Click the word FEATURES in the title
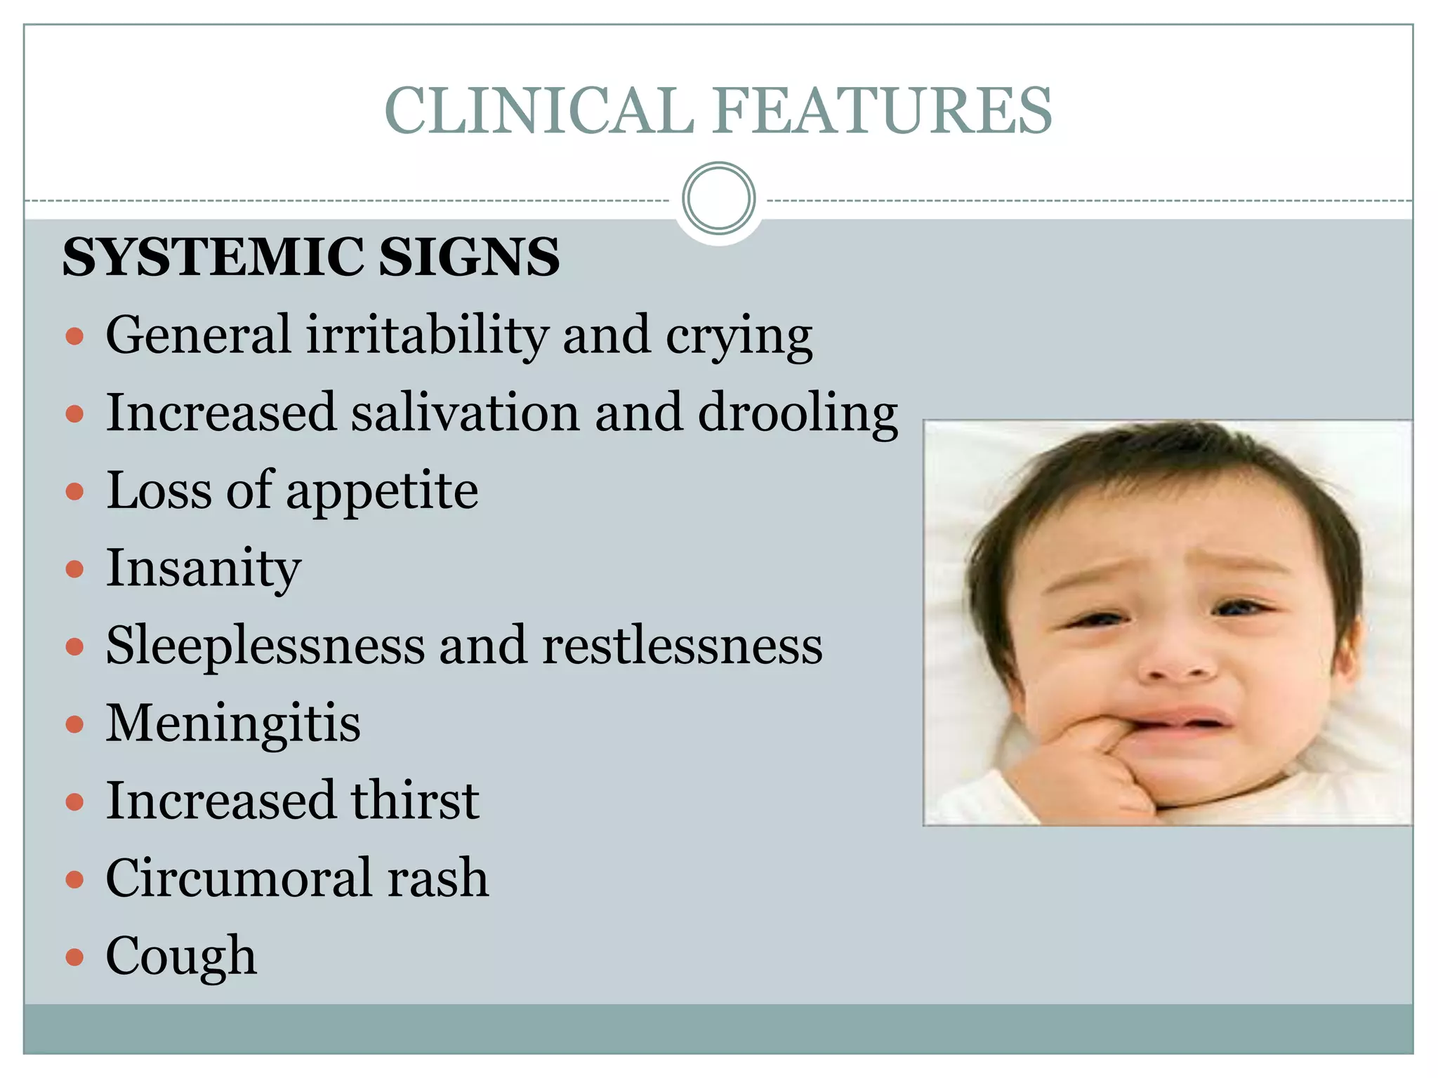[x=883, y=111]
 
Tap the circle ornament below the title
[x=718, y=199]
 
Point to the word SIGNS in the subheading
[x=469, y=257]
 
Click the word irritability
[x=428, y=335]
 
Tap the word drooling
[x=798, y=413]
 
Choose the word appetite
[x=383, y=491]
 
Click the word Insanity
[x=204, y=568]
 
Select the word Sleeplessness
[x=265, y=646]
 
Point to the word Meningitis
[x=233, y=723]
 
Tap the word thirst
[x=415, y=801]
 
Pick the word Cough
[x=181, y=956]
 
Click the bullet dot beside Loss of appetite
[x=74, y=491]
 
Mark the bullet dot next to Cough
[x=74, y=957]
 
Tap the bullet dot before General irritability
[x=74, y=336]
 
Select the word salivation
[x=466, y=413]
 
